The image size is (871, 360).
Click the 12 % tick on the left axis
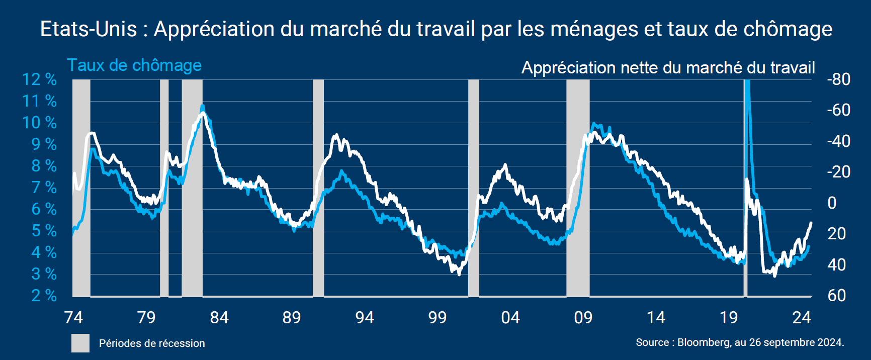39,79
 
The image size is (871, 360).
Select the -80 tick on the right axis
838,79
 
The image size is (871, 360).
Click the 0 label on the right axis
832,203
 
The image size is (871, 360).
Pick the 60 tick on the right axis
837,296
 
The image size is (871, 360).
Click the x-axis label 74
73,318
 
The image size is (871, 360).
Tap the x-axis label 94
365,318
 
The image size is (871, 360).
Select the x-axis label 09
583,318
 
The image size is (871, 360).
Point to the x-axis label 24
802,318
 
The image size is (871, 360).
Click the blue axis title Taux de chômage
134,65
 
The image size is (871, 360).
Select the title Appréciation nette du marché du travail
668,67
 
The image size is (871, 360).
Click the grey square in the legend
80,343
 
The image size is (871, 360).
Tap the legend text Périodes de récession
152,343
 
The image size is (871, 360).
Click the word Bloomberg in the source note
704,342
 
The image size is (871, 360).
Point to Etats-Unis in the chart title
89,29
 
